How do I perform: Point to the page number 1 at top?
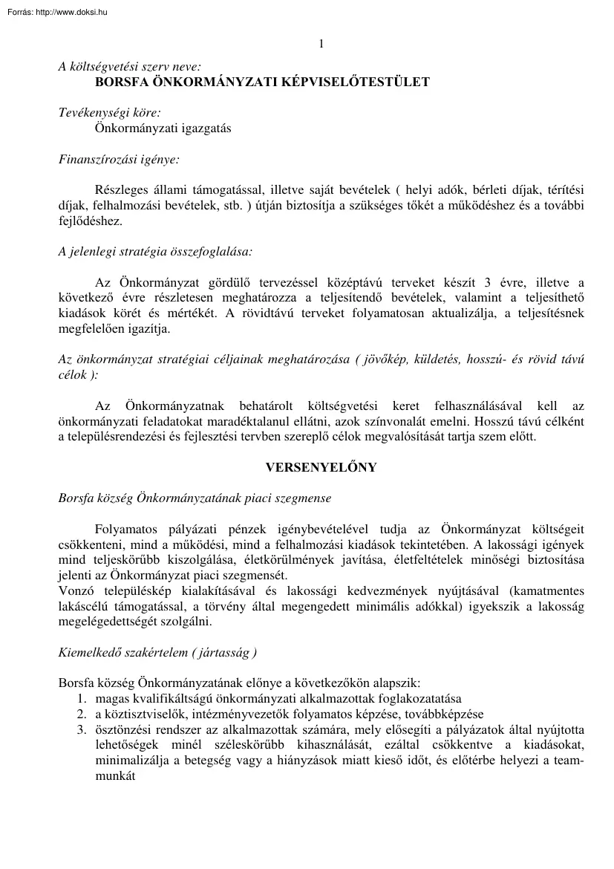(x=321, y=44)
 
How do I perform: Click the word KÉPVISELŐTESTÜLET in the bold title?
(x=357, y=82)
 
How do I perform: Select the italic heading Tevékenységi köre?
(x=110, y=113)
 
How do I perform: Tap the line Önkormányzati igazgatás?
(x=163, y=128)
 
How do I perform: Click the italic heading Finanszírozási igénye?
(x=119, y=159)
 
